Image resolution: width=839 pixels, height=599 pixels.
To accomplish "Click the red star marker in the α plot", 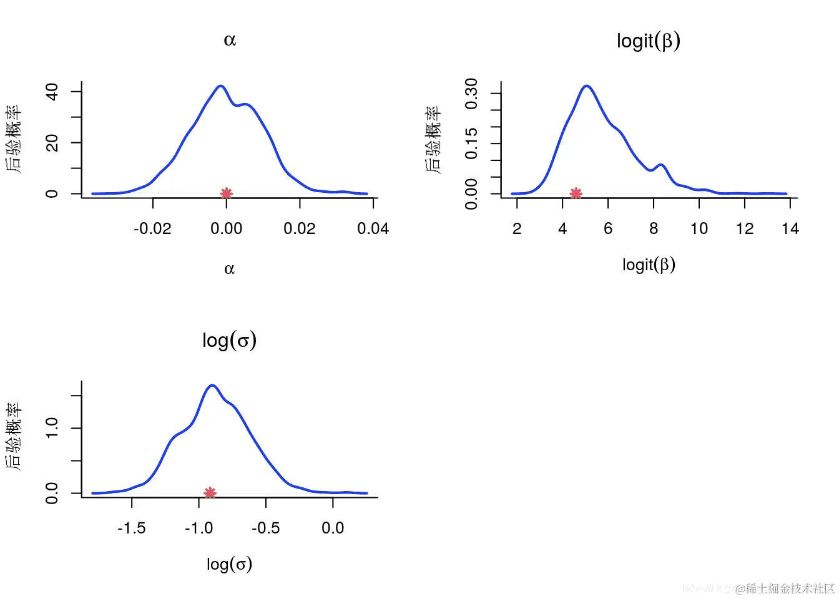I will (227, 193).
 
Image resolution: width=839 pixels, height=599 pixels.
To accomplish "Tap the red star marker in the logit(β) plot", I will (576, 193).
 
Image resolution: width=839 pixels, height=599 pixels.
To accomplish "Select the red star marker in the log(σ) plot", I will (210, 493).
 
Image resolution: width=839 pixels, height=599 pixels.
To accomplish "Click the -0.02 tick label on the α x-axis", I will (152, 229).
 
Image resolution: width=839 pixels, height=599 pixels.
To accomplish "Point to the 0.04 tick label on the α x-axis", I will (373, 229).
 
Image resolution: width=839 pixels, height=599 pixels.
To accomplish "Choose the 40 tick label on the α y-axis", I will (52, 92).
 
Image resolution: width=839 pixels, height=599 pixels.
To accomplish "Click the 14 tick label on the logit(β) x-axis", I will (790, 229).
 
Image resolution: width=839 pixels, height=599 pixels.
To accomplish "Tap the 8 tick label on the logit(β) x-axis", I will (654, 229).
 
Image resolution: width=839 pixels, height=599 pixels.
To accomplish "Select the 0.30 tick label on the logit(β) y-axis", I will (472, 94).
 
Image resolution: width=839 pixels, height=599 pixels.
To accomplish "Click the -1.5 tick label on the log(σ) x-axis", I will (132, 528).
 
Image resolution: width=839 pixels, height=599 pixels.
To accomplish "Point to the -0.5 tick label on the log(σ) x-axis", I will (265, 528).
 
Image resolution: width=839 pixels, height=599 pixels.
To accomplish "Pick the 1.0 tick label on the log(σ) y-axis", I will (52, 428).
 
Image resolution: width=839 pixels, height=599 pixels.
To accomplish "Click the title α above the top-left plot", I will (230, 41).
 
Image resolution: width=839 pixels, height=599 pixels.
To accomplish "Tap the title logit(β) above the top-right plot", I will (649, 41).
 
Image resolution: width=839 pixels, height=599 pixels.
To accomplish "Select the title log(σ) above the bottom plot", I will (229, 341).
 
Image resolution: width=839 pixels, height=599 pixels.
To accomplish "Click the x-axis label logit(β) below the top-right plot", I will (649, 265).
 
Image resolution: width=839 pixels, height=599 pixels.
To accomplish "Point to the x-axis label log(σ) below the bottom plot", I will (229, 565).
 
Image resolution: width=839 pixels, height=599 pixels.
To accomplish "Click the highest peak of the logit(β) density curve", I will (587, 86).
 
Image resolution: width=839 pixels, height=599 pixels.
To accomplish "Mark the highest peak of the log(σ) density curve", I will (213, 386).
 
